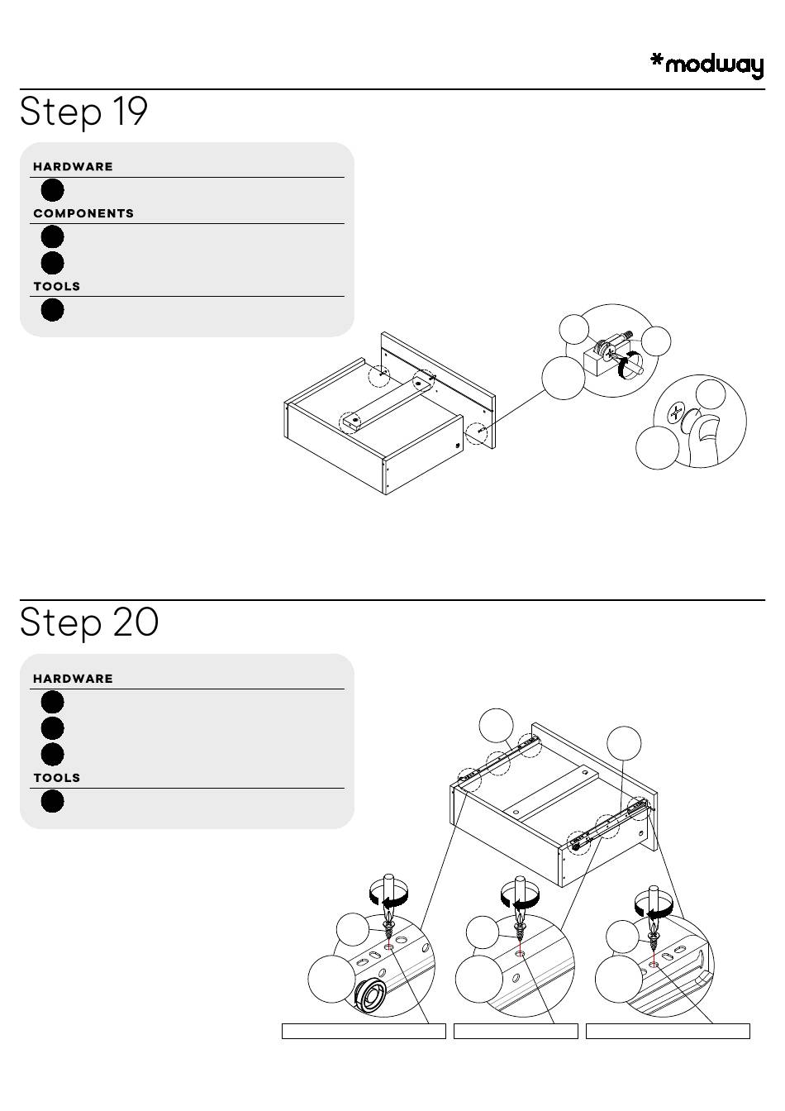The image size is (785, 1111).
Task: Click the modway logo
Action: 706,65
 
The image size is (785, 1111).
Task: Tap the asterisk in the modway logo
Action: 657,60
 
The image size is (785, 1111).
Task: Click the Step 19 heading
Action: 83,112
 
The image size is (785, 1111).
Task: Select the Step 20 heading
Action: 89,622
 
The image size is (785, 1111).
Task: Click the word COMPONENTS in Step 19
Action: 83,213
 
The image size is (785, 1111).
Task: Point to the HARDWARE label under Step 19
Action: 73,166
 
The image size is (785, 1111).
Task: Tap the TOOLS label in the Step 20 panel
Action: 57,778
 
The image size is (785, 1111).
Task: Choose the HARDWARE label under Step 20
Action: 73,679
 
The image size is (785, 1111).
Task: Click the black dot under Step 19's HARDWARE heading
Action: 52,190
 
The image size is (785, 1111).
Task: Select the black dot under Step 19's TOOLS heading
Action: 52,310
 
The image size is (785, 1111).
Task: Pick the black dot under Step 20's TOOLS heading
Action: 52,801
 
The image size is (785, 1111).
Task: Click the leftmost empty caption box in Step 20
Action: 364,1031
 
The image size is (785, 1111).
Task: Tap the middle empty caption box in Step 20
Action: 516,1031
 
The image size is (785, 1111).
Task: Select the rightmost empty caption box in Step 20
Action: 668,1031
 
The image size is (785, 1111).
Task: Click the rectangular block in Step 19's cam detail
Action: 595,360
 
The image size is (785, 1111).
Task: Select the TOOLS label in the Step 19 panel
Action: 57,286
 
